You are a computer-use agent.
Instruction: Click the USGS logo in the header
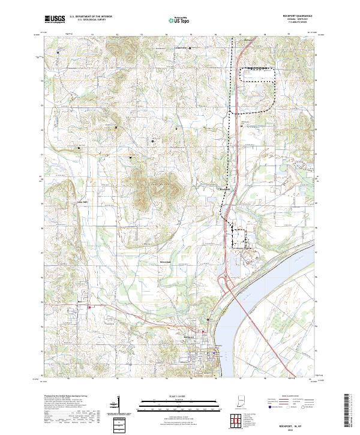(x=55, y=19)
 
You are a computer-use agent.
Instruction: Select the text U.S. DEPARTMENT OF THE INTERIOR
(x=91, y=17)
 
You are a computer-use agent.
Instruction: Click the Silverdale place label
(x=164, y=262)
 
